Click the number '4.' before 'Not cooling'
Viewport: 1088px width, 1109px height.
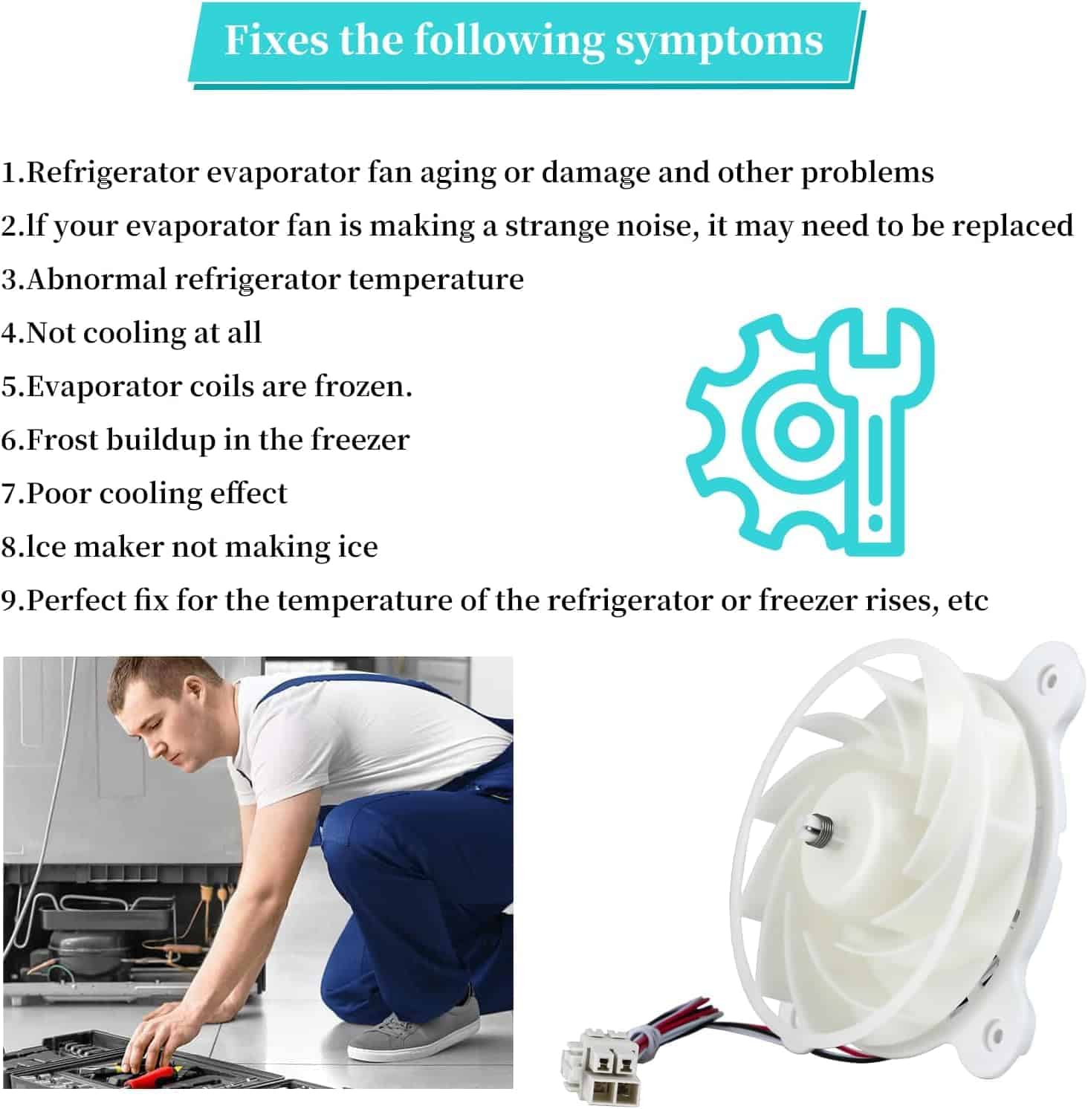click(x=13, y=333)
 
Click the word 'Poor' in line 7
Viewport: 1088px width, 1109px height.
click(x=59, y=493)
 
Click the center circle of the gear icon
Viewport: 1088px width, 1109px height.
click(x=802, y=430)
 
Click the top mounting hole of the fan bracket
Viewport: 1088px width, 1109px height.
click(x=1050, y=679)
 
